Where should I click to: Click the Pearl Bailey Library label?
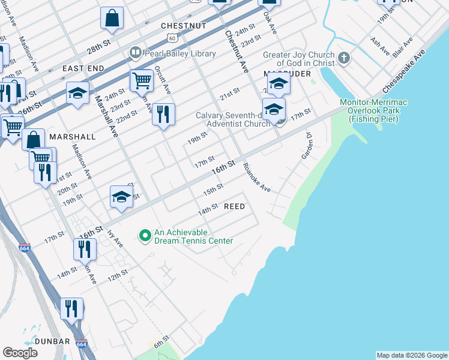click(x=179, y=53)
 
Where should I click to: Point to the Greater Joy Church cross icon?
click(x=343, y=58)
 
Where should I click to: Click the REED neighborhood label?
click(x=234, y=206)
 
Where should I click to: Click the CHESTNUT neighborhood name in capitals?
click(x=184, y=26)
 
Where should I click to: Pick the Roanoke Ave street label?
click(x=257, y=178)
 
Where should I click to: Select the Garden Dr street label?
click(x=306, y=146)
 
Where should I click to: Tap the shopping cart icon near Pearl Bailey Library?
click(x=141, y=80)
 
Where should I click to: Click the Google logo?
click(x=20, y=353)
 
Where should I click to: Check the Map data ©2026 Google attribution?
click(x=411, y=355)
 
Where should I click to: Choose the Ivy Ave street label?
click(x=115, y=239)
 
